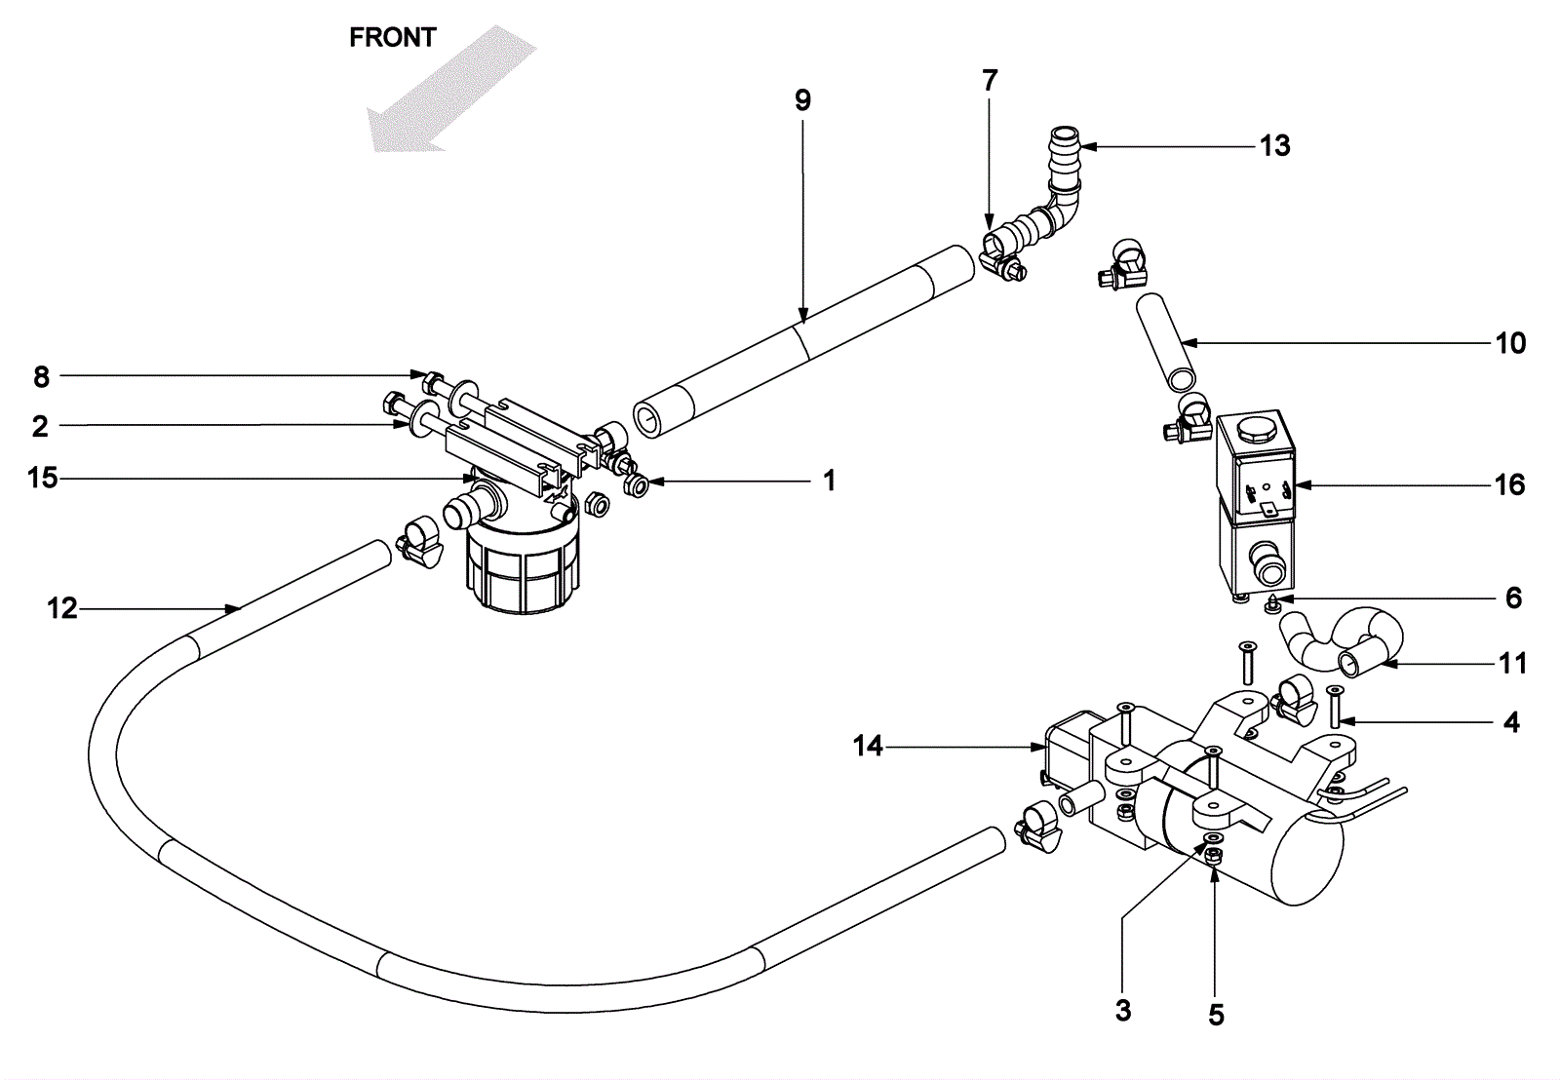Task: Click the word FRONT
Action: click(x=392, y=38)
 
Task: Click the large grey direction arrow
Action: click(x=452, y=89)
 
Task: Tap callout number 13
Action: click(x=1274, y=146)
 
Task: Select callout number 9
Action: click(x=803, y=101)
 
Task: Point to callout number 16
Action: click(x=1510, y=484)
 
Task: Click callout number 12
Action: click(x=62, y=608)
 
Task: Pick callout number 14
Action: click(x=868, y=747)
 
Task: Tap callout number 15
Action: click(x=43, y=479)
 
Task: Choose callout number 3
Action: click(x=1122, y=1011)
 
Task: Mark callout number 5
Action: click(x=1216, y=1016)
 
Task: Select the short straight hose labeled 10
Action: click(x=1166, y=342)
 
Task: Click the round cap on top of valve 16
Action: click(x=1253, y=430)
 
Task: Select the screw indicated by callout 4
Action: click(x=1335, y=706)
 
